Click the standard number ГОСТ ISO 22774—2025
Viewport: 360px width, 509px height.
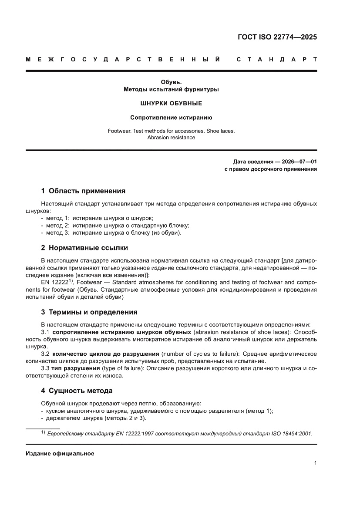tap(277, 37)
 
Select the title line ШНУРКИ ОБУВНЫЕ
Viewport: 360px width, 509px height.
tap(171, 104)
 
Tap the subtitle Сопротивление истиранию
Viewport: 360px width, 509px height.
tap(171, 118)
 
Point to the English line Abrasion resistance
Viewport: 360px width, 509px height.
tap(171, 137)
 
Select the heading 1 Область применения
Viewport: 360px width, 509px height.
tap(83, 191)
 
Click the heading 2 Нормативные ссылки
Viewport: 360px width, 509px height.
tap(84, 248)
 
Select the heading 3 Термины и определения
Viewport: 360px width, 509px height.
tap(89, 312)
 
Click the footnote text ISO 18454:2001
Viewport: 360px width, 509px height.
tap(292, 434)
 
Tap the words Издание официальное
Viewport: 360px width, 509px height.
tap(60, 453)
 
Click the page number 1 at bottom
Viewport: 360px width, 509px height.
tap(315, 463)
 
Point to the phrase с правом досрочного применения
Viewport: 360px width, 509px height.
tap(270, 169)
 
